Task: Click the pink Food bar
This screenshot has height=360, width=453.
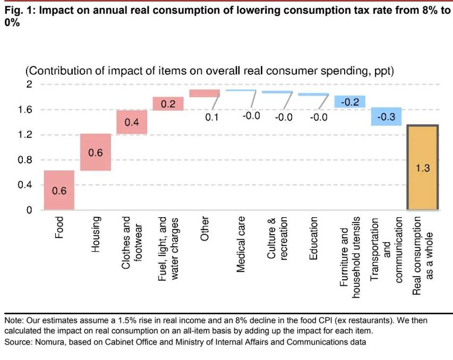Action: tap(58, 190)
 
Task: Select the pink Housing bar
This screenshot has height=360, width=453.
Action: tap(95, 152)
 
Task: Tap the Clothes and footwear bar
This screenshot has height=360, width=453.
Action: tap(132, 122)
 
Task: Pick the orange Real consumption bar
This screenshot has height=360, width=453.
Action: tap(422, 168)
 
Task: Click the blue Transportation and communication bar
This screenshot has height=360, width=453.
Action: tap(386, 116)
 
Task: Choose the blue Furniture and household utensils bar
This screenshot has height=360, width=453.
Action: tap(349, 101)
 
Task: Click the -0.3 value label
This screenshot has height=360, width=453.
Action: tap(386, 117)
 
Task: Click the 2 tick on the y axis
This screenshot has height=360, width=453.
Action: tap(29, 84)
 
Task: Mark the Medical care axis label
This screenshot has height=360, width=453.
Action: tap(241, 245)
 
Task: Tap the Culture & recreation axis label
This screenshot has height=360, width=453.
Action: tap(277, 238)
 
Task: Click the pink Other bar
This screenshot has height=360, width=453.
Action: tap(204, 93)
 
